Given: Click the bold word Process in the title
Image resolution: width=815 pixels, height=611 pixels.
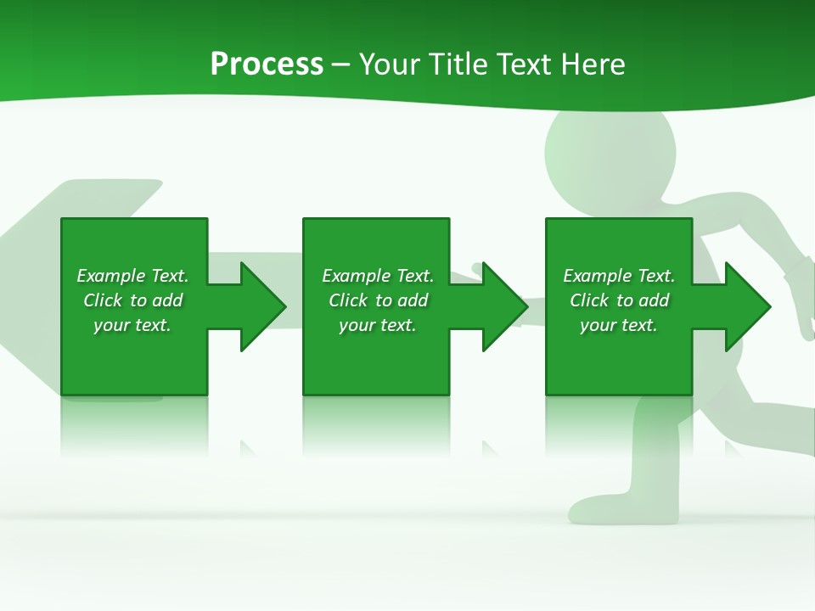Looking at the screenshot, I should (x=267, y=64).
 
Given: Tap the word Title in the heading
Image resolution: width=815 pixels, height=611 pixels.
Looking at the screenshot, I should (x=459, y=64).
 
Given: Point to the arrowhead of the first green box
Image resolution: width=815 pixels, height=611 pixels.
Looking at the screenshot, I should (x=263, y=306).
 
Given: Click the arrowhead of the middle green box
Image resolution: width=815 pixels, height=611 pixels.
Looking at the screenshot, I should (x=505, y=306).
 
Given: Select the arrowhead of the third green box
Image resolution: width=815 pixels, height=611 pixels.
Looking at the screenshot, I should (x=747, y=306).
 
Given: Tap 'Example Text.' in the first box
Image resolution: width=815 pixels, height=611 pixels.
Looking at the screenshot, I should (x=132, y=276).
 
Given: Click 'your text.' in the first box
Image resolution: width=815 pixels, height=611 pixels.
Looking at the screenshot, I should (x=132, y=325).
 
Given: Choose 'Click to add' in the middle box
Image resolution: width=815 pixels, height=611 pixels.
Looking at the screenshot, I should (x=378, y=300).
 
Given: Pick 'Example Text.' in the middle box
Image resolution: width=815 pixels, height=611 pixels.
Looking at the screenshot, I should (x=378, y=276).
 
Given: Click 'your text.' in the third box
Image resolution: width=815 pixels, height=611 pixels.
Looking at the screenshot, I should (x=618, y=325).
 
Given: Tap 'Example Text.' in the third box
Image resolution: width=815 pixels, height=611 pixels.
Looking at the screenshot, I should (x=618, y=276).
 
